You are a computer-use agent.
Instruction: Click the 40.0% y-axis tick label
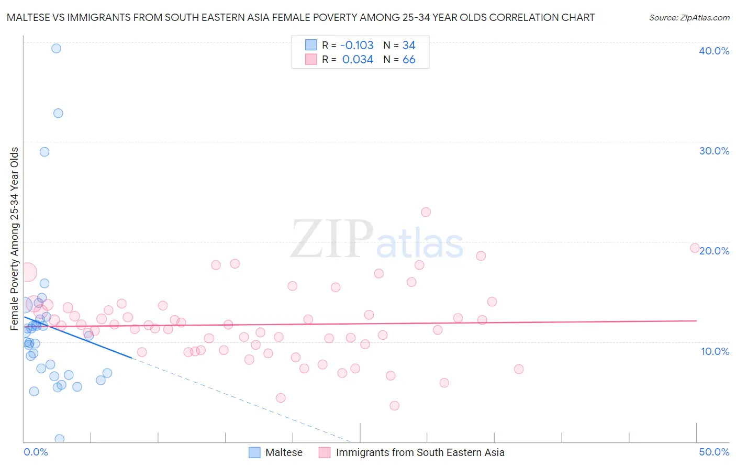(x=713, y=51)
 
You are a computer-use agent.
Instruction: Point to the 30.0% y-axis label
(x=713, y=151)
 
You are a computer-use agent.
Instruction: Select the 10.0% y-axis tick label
(x=715, y=351)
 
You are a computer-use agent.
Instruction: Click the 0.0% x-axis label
(x=36, y=452)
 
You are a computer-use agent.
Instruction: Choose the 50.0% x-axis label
(x=713, y=452)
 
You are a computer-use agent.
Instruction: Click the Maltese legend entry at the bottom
(x=283, y=452)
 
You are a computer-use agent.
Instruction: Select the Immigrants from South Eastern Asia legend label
(x=420, y=452)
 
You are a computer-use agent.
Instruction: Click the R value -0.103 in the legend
(x=357, y=45)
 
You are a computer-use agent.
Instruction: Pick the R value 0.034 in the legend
(x=358, y=60)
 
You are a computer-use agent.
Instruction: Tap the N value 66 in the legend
(x=409, y=60)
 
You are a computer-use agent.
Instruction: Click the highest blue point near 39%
(x=56, y=48)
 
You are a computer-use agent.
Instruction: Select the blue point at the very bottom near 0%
(x=60, y=439)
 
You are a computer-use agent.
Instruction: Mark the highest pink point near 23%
(x=426, y=212)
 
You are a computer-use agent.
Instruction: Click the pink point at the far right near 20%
(x=695, y=248)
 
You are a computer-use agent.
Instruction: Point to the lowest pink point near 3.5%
(x=395, y=406)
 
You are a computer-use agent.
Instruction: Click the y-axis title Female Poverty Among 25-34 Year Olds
(x=15, y=239)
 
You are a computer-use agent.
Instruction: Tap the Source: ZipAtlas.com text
(x=689, y=18)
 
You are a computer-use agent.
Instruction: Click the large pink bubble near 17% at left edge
(x=27, y=272)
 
